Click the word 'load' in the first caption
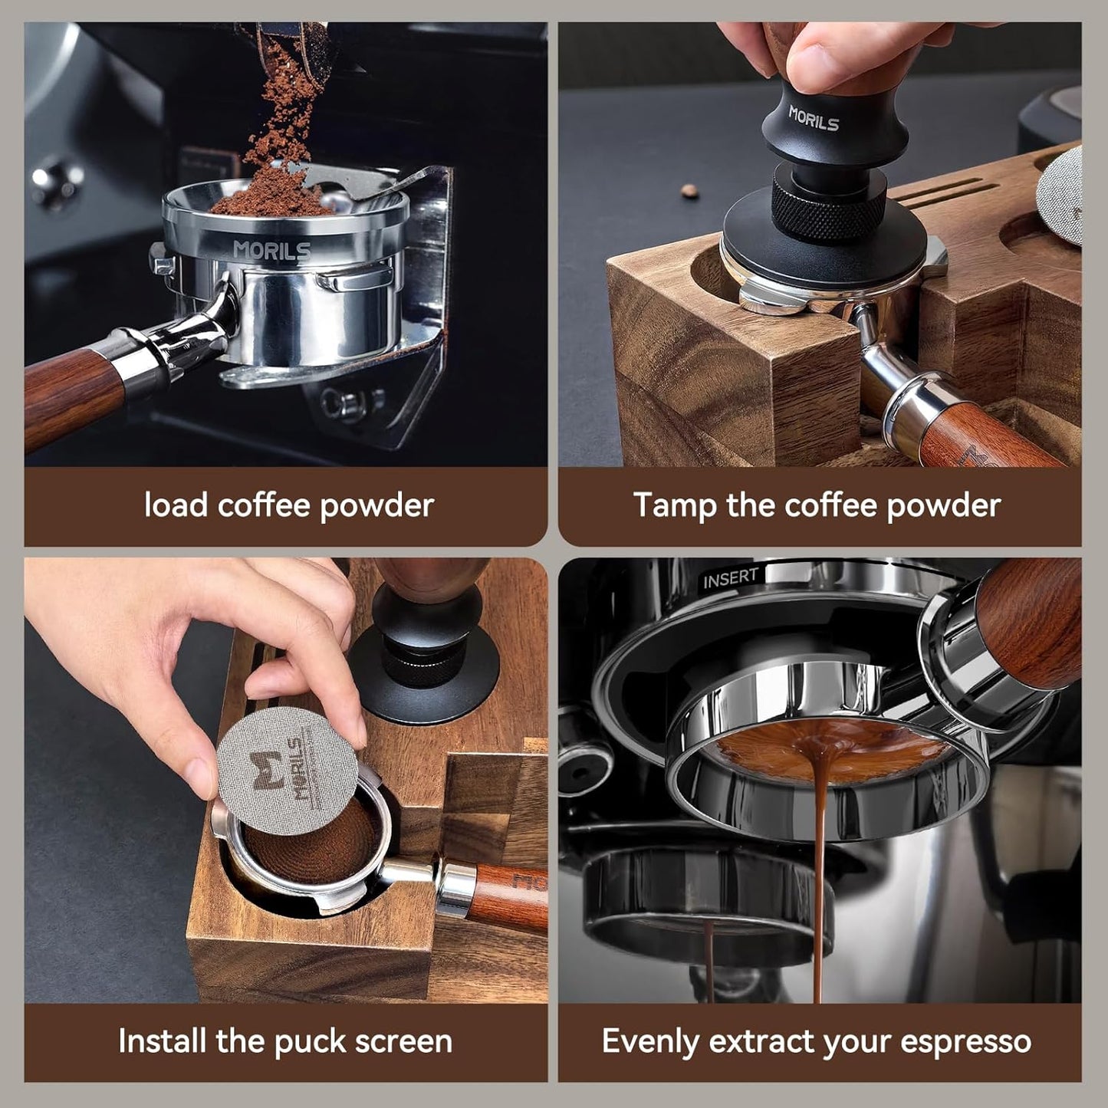[176, 506]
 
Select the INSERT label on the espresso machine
[730, 578]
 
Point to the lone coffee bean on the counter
[690, 190]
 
